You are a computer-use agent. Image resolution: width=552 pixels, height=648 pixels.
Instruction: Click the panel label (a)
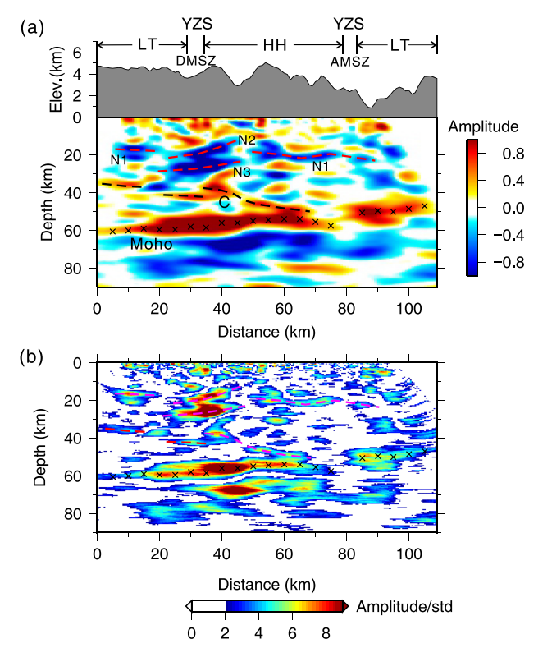31,27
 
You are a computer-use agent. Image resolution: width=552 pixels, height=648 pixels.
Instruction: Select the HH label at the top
274,45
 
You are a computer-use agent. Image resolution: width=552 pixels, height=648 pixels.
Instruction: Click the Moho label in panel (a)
151,244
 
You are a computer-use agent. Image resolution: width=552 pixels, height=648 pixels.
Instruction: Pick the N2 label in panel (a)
248,140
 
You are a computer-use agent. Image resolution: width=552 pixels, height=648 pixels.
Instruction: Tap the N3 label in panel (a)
241,172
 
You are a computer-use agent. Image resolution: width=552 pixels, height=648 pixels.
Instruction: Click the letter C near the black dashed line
222,202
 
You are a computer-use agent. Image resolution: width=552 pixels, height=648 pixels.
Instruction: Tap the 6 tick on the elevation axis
80,52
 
